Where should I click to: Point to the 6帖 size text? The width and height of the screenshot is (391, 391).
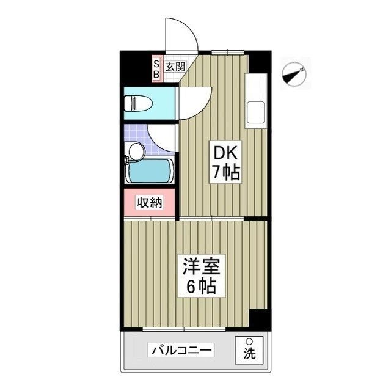tap(200, 286)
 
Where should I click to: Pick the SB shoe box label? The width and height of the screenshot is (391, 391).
tap(156, 69)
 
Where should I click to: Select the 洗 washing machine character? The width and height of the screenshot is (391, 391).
tap(249, 353)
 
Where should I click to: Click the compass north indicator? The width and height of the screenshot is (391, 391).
tap(294, 74)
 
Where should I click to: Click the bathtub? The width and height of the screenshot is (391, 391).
tap(150, 170)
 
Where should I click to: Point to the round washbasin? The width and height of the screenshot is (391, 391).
tap(136, 150)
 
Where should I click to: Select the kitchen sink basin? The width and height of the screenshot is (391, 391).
tap(256, 114)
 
